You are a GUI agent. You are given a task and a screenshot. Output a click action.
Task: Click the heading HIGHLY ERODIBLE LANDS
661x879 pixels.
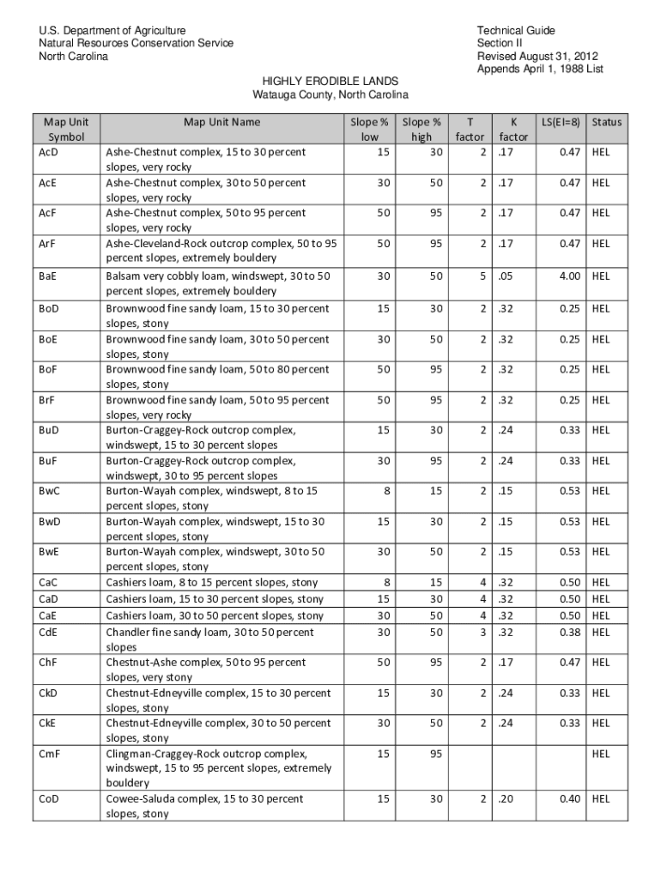pos(330,81)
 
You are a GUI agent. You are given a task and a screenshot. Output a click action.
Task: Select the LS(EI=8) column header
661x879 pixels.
pos(561,122)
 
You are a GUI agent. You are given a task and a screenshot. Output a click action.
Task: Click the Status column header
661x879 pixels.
pos(606,122)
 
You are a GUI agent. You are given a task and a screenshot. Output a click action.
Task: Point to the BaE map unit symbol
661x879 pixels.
pos(48,276)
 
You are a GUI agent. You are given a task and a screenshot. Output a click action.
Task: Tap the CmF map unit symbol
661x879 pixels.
pos(49,754)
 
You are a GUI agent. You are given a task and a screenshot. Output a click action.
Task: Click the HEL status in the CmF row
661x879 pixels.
pos(601,754)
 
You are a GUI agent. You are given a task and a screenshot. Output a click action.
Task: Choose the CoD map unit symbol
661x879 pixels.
pos(49,799)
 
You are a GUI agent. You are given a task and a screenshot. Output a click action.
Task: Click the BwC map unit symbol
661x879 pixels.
pos(50,491)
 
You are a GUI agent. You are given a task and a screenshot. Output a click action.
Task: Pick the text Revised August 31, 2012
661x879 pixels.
pos(537,57)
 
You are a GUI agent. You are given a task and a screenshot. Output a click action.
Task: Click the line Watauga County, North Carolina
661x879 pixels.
pos(330,94)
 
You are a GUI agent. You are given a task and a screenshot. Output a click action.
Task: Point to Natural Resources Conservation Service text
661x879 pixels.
pos(135,44)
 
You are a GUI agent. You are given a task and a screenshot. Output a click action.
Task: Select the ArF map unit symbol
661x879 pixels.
pos(48,244)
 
